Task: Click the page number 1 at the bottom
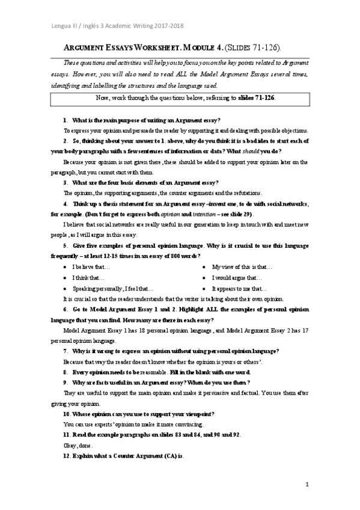point(307,485)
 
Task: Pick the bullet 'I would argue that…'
point(237,277)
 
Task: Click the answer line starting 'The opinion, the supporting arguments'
point(162,193)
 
